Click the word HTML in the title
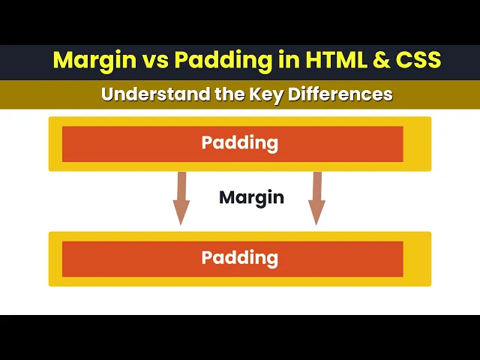[x=336, y=60]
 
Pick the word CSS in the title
[x=418, y=60]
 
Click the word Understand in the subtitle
[x=155, y=94]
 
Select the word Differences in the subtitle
[x=340, y=94]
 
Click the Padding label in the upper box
[x=240, y=143]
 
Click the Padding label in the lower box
[x=240, y=258]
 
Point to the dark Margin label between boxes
[x=251, y=198]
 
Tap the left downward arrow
[x=181, y=198]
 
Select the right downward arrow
[x=316, y=198]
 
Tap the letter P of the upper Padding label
[x=207, y=142]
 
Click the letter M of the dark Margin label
[x=226, y=197]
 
